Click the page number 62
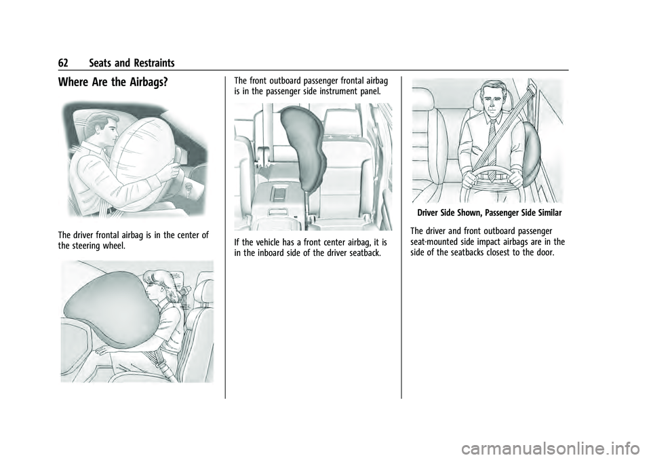point(66,63)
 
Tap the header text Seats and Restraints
point(131,63)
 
